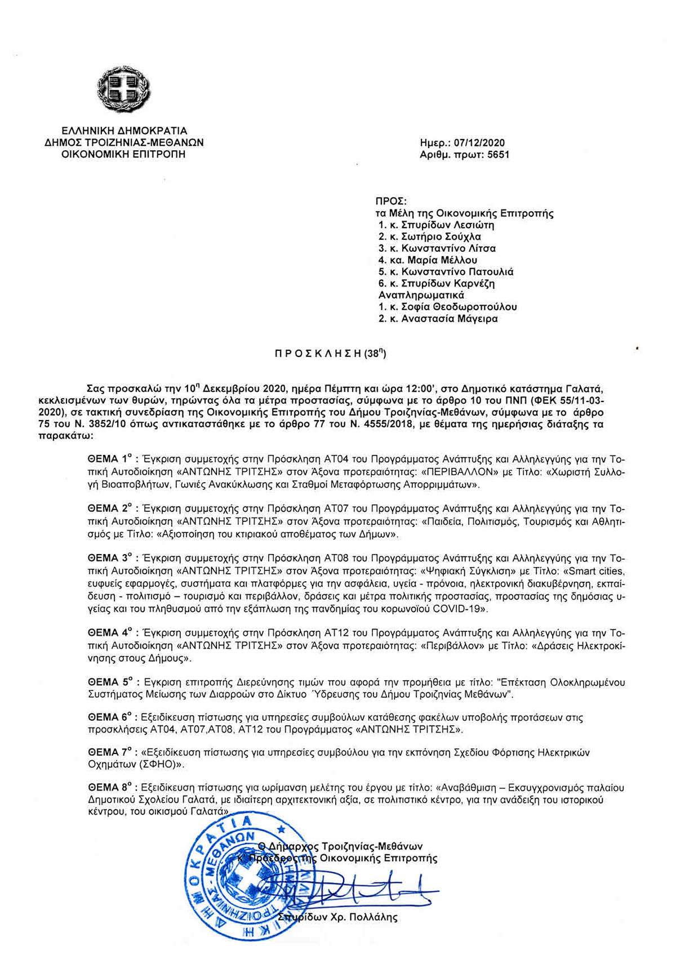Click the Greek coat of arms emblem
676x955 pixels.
point(124,89)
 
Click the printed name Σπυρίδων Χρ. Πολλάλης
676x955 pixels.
point(338,917)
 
